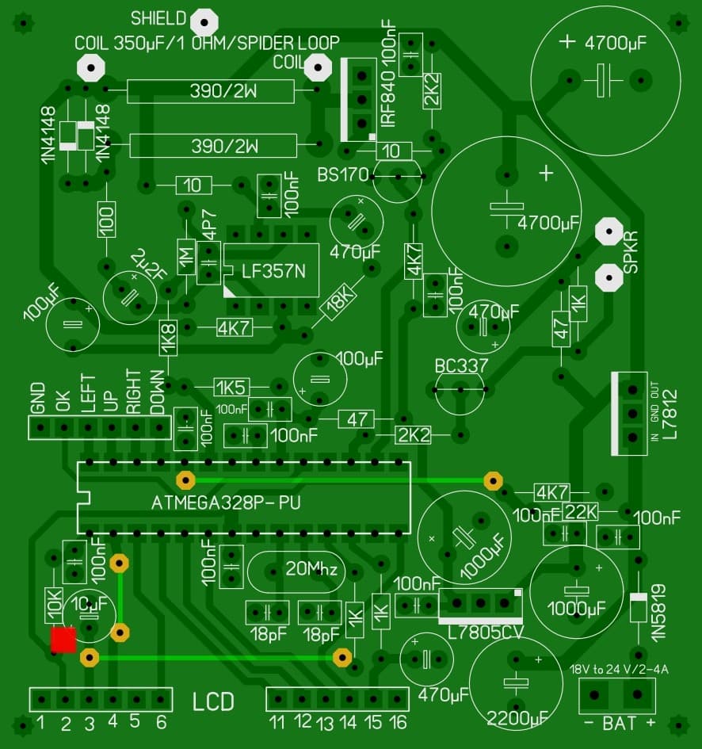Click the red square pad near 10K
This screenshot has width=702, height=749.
coord(63,640)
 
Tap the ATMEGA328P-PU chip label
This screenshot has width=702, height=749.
coord(226,503)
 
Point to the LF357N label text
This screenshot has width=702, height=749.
coord(269,272)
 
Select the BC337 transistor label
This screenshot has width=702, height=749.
coord(461,366)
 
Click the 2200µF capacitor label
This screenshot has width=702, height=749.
coord(517,719)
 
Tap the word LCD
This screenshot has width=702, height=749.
coord(214,701)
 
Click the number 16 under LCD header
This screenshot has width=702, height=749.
coord(397,722)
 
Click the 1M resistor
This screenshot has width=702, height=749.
coord(187,257)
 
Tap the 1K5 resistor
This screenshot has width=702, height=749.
coord(231,387)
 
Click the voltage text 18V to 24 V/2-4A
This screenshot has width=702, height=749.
coord(619,669)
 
